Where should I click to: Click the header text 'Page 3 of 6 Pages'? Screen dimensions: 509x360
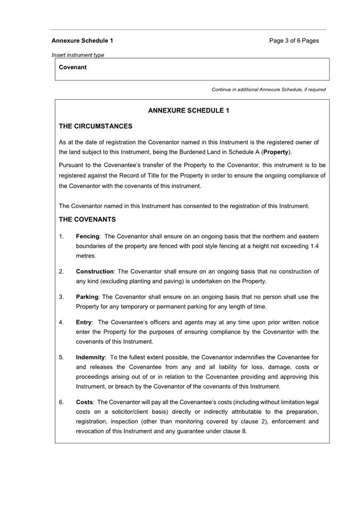click(294, 41)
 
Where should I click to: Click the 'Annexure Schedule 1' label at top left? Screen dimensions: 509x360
click(82, 41)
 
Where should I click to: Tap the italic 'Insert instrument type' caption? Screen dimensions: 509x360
click(78, 55)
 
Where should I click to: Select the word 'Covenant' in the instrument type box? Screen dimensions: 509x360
click(73, 67)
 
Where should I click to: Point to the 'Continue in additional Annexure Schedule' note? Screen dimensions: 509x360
click(268, 90)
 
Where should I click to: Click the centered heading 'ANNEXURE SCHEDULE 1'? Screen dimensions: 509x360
click(188, 111)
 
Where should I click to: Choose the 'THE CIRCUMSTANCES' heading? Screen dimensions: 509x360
click(95, 126)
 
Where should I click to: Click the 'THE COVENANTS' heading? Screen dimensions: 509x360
click(87, 219)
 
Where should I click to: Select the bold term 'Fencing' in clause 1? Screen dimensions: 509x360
click(87, 236)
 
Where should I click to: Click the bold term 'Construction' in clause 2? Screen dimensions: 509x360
click(95, 272)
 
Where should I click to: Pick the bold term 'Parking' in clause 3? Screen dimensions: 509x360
click(87, 297)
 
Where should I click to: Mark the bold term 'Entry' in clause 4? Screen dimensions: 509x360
click(84, 322)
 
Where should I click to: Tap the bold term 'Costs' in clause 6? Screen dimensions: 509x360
click(85, 402)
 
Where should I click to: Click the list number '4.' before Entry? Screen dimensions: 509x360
click(61, 322)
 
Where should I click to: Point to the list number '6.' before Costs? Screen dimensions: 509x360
click(61, 402)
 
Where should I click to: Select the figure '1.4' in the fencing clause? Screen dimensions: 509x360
click(315, 246)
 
